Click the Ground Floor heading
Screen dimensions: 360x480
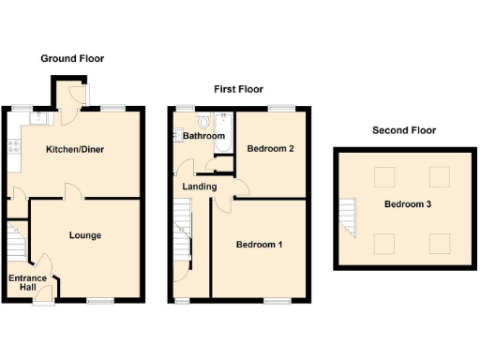pyautogui.click(x=72, y=58)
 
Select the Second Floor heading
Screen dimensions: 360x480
pyautogui.click(x=403, y=130)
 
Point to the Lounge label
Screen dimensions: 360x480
pyautogui.click(x=85, y=235)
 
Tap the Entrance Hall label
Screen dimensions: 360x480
pyautogui.click(x=27, y=283)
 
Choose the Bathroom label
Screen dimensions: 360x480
pyautogui.click(x=203, y=137)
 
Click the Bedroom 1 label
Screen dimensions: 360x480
pyautogui.click(x=258, y=245)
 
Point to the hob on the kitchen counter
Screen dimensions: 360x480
pyautogui.click(x=13, y=145)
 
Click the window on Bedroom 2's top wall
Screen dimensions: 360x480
pyautogui.click(x=278, y=110)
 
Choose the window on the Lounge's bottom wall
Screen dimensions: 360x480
pyautogui.click(x=98, y=301)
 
